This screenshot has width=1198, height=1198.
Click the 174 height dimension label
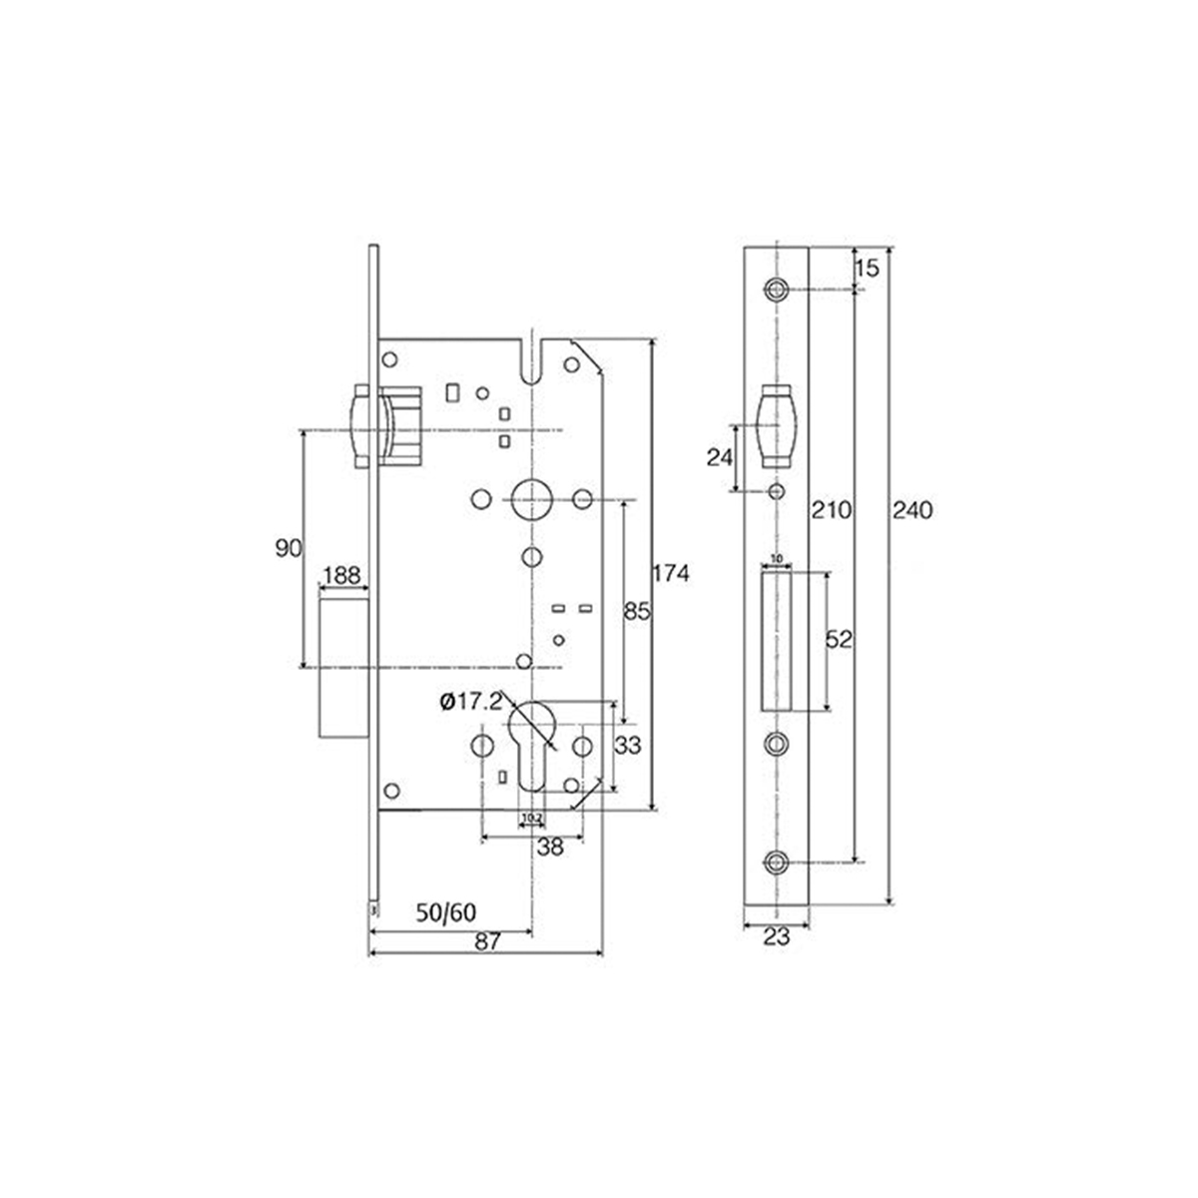[671, 574]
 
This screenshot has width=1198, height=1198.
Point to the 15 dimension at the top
[867, 268]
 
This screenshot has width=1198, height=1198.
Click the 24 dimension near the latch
[719, 457]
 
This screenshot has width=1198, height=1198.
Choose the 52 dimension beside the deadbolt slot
[839, 640]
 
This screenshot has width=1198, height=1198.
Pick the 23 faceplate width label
[777, 937]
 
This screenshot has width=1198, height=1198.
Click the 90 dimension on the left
[288, 548]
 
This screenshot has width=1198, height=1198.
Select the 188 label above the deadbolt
[341, 576]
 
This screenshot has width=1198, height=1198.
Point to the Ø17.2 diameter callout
[468, 702]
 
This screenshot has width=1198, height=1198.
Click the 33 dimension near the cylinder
[628, 745]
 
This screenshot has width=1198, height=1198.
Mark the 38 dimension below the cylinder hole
[550, 847]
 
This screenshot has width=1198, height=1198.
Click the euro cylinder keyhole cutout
[531, 739]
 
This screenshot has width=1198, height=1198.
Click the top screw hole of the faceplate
[777, 290]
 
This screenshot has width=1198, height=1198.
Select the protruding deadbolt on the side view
[343, 664]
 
